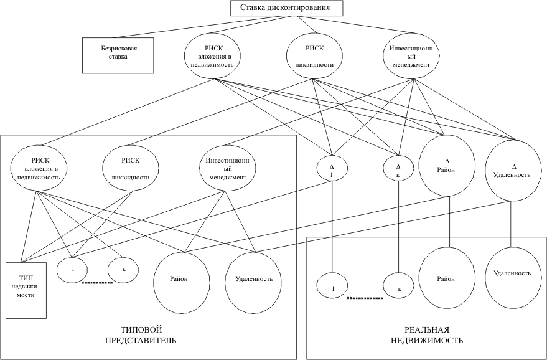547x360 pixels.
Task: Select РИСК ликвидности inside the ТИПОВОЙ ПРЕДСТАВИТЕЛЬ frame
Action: point(130,168)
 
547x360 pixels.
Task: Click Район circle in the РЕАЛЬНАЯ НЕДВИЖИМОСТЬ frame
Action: point(449,277)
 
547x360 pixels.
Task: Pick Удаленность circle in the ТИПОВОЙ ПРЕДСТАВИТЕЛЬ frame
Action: point(254,278)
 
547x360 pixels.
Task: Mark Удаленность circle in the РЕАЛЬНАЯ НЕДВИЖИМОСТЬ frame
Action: point(512,273)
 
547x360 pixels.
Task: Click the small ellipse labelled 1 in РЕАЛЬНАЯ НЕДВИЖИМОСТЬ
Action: point(334,289)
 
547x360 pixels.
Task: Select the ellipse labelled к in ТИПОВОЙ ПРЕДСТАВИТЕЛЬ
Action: point(123,269)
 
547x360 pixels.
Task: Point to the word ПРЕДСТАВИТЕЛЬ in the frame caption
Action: point(139,341)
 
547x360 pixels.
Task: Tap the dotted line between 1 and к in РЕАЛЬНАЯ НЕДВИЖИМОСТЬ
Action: point(365,298)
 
